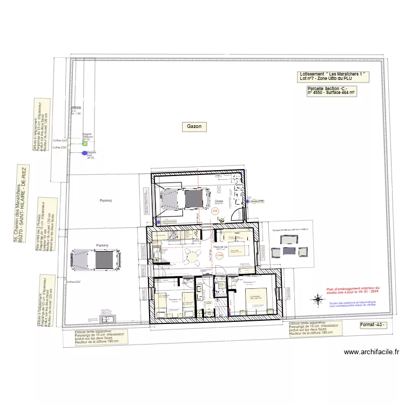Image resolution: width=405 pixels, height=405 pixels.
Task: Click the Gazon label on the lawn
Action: [x=194, y=126]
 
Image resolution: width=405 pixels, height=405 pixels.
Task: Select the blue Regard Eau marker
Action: [x=84, y=153]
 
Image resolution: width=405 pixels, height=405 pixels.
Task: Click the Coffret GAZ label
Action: [x=59, y=140]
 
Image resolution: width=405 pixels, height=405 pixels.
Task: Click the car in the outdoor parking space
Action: [x=96, y=260]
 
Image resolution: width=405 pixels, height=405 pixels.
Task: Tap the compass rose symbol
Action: [x=318, y=299]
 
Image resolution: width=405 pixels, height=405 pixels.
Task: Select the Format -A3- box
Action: [x=374, y=325]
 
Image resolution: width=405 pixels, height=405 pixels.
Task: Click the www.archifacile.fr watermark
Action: [x=372, y=353]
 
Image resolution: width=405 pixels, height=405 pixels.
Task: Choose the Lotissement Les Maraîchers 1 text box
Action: [x=333, y=76]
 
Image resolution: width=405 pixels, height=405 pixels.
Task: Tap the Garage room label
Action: [x=219, y=202]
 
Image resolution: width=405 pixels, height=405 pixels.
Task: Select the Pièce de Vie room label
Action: [x=220, y=247]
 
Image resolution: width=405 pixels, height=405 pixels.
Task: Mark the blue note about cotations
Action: [x=352, y=305]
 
